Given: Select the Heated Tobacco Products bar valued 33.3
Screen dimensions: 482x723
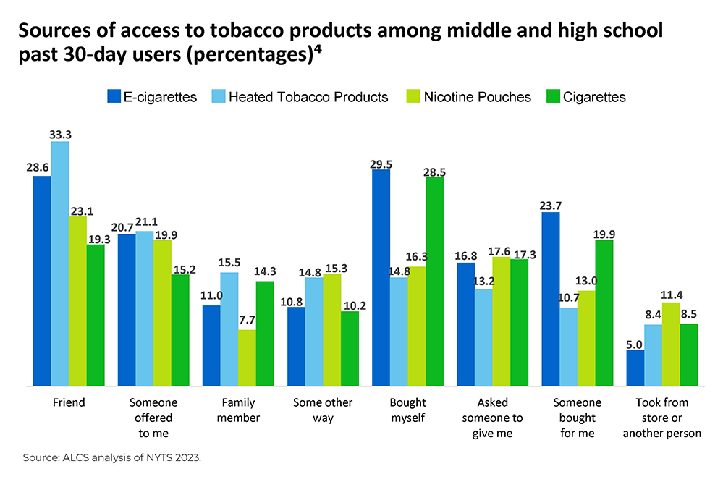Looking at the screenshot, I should point(60,263).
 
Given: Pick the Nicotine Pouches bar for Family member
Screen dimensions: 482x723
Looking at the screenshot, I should point(248,358).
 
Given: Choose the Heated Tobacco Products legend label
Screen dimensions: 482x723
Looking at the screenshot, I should point(308,96).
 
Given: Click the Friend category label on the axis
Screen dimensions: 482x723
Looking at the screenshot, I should point(69,402).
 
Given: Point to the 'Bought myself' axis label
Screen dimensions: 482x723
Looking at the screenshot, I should point(408,410).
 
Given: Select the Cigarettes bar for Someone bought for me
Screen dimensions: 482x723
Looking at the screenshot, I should point(604,313).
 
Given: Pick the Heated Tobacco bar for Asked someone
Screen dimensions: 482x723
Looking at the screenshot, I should point(484,337).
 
